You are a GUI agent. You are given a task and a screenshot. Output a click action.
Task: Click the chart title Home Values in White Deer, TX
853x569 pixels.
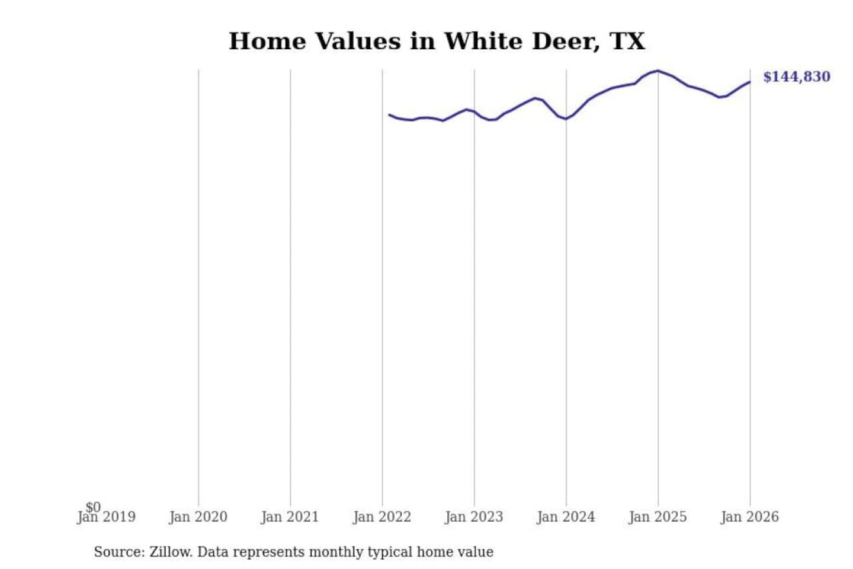tap(437, 41)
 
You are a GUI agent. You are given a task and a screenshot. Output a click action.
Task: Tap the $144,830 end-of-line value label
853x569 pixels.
tap(796, 76)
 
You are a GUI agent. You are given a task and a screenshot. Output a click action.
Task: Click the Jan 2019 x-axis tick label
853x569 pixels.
tap(107, 517)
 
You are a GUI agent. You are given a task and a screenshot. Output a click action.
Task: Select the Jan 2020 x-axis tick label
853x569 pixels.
tap(198, 517)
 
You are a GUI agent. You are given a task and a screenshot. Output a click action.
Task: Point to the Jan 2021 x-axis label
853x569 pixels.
tap(290, 517)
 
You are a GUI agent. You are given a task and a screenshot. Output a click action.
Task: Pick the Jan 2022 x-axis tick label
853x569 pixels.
tap(381, 517)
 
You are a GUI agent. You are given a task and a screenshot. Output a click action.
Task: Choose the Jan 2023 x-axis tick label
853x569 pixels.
tap(473, 517)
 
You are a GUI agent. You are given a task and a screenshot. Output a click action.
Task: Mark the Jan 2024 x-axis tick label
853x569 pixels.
tap(565, 517)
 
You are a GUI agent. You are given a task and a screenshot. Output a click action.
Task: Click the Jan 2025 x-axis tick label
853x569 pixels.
tap(658, 517)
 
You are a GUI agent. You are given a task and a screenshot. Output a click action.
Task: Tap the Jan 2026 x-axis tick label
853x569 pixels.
tap(749, 517)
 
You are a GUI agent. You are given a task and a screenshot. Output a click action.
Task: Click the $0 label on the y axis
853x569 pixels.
tap(93, 507)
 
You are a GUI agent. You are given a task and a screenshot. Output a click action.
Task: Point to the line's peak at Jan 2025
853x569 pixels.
tap(658, 71)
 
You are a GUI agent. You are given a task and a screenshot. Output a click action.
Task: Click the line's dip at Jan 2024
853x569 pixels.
tap(566, 119)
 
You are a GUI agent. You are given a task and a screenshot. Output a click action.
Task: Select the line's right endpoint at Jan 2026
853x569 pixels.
tap(750, 82)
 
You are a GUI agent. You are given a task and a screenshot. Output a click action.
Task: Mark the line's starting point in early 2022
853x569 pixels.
tap(389, 114)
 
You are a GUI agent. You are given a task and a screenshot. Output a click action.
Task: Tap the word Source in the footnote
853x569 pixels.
tap(118, 552)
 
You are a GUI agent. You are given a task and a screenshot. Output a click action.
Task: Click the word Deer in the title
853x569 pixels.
tap(565, 41)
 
